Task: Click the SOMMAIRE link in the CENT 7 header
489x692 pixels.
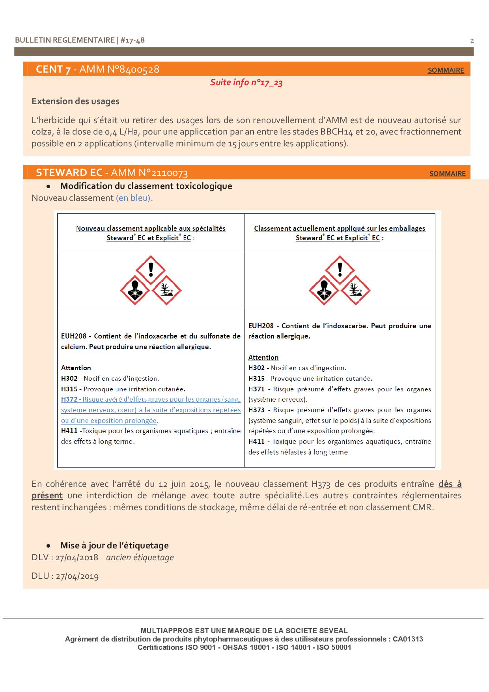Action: coord(446,70)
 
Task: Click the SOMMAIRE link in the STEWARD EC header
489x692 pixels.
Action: coord(447,174)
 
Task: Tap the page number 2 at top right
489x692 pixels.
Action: coord(472,40)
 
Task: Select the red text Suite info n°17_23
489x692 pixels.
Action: coord(246,82)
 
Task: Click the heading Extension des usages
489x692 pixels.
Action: coord(75,101)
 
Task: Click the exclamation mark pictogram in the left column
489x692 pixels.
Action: coord(151,270)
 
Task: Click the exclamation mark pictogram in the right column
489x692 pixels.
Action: coord(340,270)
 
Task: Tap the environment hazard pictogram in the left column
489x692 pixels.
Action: coord(166,290)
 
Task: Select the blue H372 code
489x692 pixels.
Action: coord(69,399)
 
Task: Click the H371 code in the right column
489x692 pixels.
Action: coord(256,389)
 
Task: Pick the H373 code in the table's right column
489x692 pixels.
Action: coord(256,410)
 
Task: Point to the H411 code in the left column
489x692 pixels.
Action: coord(69,431)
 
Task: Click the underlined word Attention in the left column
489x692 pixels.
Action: coord(76,368)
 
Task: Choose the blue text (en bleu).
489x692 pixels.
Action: coord(134,198)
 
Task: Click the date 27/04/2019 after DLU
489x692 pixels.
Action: coord(77,576)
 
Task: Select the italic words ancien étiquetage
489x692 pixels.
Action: coord(140,557)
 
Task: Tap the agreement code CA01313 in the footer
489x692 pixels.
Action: coord(408,639)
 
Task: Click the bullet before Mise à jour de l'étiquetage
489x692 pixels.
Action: coord(49,546)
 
